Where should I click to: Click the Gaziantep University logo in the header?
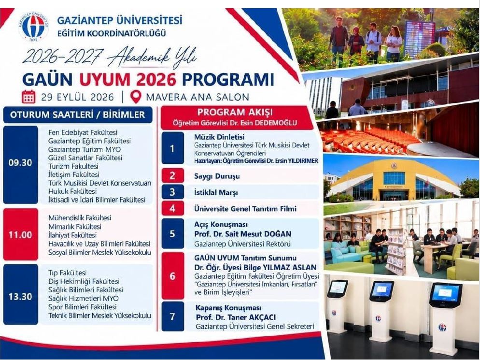(34, 27)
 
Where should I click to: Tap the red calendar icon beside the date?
(28, 97)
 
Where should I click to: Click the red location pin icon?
(136, 97)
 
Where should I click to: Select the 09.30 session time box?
(20, 164)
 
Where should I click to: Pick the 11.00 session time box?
(20, 234)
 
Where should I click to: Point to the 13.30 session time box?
(20, 294)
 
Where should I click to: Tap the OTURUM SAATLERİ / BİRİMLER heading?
(77, 115)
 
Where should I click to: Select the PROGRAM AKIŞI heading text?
(235, 112)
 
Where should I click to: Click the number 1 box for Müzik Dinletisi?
(173, 149)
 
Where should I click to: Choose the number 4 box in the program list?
(173, 208)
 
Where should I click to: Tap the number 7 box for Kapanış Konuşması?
(173, 316)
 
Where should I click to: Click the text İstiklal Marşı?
(216, 193)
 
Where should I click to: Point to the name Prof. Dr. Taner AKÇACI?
(236, 317)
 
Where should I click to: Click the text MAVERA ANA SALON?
(198, 97)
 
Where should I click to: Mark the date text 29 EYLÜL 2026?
(77, 97)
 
